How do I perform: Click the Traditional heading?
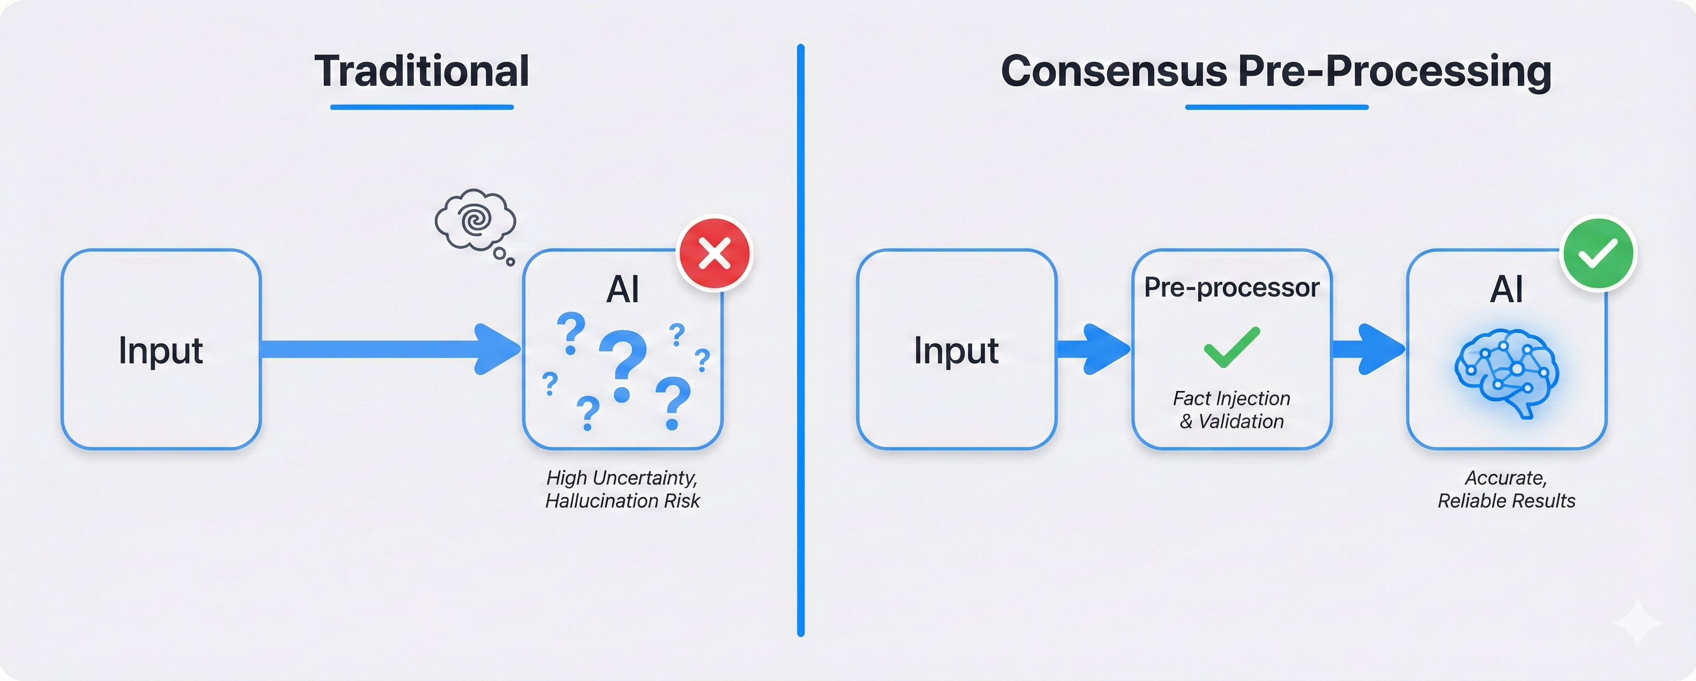tap(422, 71)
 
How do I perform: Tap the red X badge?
tap(714, 253)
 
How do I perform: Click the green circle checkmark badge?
tap(1598, 253)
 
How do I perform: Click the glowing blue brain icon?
tap(1506, 372)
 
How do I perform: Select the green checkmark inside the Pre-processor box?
tap(1231, 347)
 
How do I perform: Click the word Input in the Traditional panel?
tap(161, 350)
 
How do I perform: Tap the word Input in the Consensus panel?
tap(956, 350)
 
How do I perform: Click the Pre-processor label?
tap(1231, 288)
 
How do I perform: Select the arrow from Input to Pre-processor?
tap(1093, 349)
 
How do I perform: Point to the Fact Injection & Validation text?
tap(1231, 409)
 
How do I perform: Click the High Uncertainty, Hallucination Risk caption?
tap(622, 489)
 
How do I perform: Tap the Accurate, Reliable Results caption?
tap(1506, 489)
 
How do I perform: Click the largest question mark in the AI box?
tap(622, 365)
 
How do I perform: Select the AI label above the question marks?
tap(622, 290)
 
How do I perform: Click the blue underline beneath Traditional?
tap(422, 106)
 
